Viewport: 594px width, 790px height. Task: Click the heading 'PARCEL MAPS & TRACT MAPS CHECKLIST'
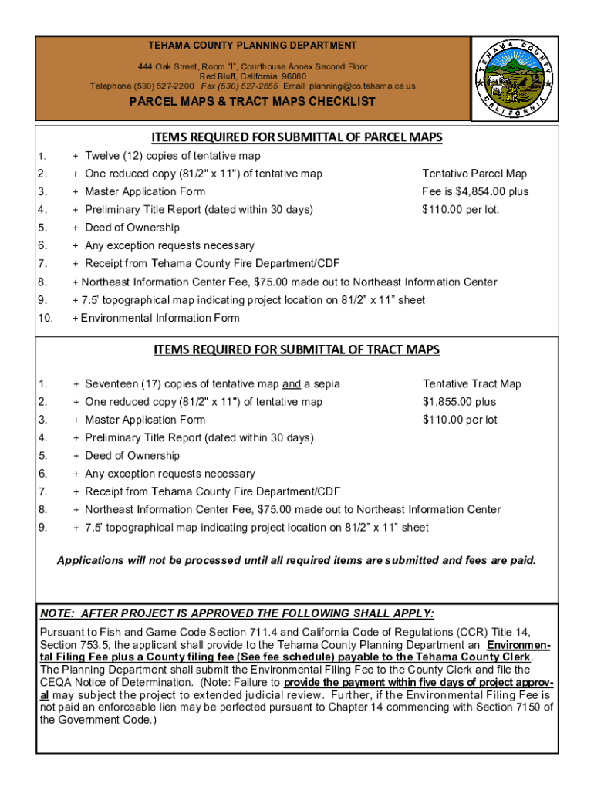(x=252, y=102)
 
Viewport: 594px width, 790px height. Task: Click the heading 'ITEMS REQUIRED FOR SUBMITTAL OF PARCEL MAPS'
(x=297, y=137)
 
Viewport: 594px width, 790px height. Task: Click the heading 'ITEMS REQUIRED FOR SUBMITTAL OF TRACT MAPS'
(x=297, y=349)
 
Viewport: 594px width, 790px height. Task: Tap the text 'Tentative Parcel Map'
(x=474, y=174)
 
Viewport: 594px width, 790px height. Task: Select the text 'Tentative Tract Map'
(x=472, y=383)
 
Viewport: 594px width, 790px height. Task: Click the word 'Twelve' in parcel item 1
(x=102, y=157)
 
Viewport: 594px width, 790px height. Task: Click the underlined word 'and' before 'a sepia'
(x=291, y=383)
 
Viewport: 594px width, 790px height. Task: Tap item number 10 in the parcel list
(x=44, y=318)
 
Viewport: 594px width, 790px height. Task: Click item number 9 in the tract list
(x=42, y=527)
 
